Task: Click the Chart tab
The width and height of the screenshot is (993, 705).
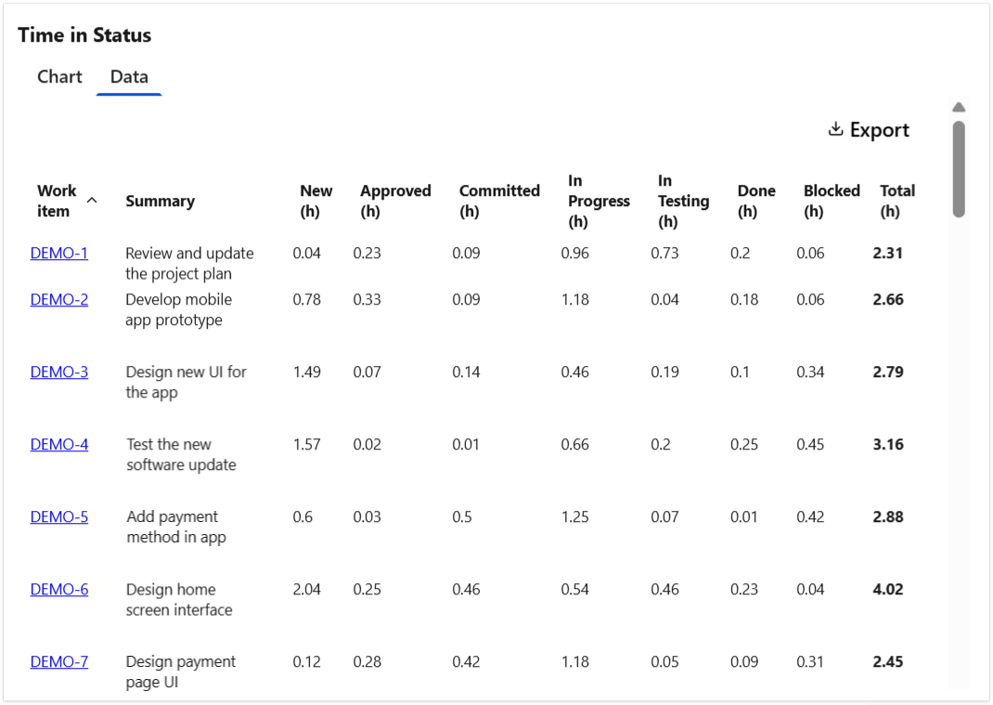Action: (x=59, y=77)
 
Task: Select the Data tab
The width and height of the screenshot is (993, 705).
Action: (x=129, y=77)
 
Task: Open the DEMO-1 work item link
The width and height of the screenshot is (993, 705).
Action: (x=59, y=253)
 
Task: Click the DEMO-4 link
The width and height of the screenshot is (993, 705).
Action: (x=59, y=444)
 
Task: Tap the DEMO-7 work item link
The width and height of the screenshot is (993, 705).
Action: (x=59, y=661)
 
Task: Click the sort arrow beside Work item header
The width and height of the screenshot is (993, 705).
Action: (x=92, y=200)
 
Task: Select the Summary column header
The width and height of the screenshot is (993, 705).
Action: (x=160, y=201)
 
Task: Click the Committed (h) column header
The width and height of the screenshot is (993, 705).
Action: (x=499, y=201)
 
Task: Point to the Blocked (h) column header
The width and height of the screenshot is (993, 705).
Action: (x=832, y=201)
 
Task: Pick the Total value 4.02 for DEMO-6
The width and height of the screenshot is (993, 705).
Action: (x=888, y=589)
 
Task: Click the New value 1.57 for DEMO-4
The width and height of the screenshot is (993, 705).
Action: (x=306, y=444)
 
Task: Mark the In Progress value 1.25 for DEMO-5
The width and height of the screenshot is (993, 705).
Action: (x=574, y=516)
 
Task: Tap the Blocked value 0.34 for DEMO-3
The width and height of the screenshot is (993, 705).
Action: (x=810, y=372)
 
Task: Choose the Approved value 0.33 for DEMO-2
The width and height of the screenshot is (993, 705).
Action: (x=367, y=299)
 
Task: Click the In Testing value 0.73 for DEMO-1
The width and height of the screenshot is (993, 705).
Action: (x=664, y=253)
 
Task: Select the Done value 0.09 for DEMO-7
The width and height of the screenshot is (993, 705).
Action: (x=743, y=661)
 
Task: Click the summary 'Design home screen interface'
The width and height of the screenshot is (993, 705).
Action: (x=179, y=599)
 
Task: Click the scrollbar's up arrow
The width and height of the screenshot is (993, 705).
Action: (x=959, y=108)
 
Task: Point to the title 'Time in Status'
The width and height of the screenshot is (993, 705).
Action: (x=84, y=35)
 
